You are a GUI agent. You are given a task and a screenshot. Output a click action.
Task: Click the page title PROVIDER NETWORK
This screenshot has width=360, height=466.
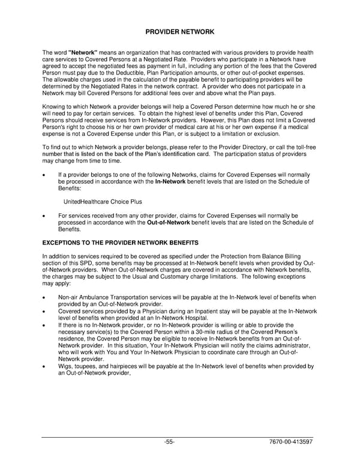tap(179, 31)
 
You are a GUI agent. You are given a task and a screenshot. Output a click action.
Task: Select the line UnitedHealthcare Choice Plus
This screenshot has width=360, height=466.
tap(98, 201)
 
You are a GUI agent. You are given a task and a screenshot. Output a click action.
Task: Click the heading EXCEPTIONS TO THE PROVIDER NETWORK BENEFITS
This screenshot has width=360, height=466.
tap(120, 242)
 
